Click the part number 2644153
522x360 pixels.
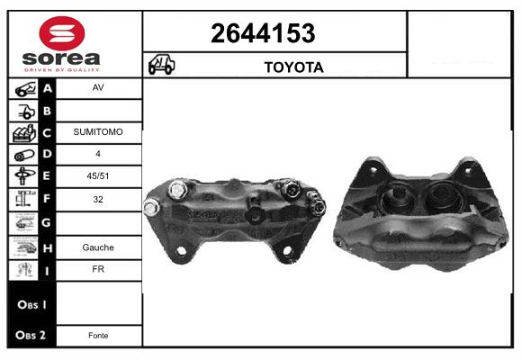click(x=263, y=33)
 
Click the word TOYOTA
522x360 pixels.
click(x=294, y=67)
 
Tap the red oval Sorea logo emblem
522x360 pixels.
click(x=62, y=33)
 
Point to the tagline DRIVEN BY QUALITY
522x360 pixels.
click(x=62, y=70)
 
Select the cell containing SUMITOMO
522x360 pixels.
click(x=98, y=132)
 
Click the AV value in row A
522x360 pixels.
click(x=98, y=87)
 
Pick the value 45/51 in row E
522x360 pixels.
click(x=98, y=175)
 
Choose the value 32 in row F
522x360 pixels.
click(x=98, y=199)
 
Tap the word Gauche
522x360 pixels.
click(x=98, y=247)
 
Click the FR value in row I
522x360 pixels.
click(x=98, y=269)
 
